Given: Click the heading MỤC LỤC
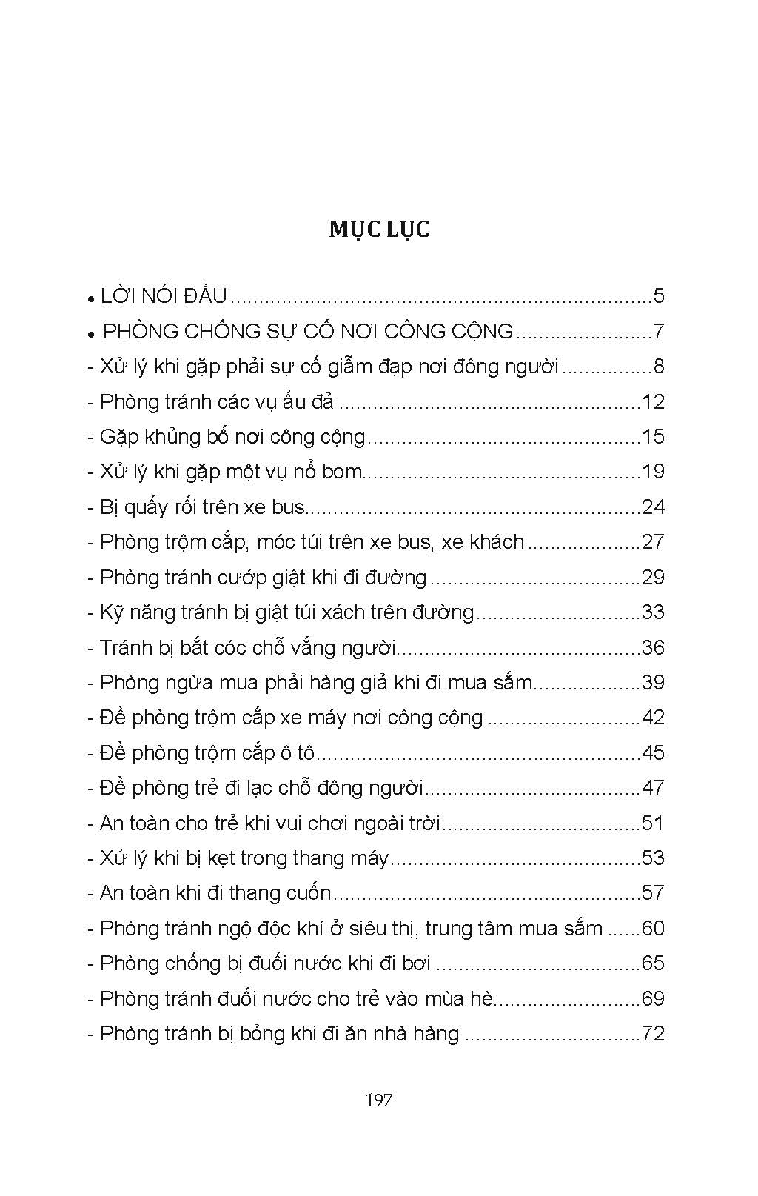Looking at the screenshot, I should [379, 230].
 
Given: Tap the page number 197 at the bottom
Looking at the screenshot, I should [378, 1100].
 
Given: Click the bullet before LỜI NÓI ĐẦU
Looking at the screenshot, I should [90, 299].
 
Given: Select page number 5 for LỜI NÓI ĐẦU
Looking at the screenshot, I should [659, 296].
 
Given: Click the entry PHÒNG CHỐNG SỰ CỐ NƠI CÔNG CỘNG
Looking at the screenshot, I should [308, 331].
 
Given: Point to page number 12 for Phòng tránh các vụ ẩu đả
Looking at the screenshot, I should [654, 402].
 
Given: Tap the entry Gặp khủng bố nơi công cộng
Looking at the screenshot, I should [232, 437].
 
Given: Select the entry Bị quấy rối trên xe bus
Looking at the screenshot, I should [202, 507].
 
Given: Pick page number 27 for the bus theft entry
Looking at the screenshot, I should [654, 542].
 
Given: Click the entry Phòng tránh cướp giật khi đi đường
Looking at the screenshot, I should [263, 578].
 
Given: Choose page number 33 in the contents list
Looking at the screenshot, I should [654, 612].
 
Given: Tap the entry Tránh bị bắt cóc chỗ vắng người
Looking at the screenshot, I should [249, 648].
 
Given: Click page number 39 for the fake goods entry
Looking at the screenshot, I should [654, 683].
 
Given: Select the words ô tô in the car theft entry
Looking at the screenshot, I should [299, 753].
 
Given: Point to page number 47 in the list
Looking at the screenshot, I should [654, 788].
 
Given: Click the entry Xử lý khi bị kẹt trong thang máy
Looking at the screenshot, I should [244, 858].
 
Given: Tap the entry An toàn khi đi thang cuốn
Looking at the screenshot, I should [215, 893].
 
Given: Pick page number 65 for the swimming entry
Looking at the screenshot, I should [654, 963].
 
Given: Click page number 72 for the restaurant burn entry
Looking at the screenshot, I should [654, 1034].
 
